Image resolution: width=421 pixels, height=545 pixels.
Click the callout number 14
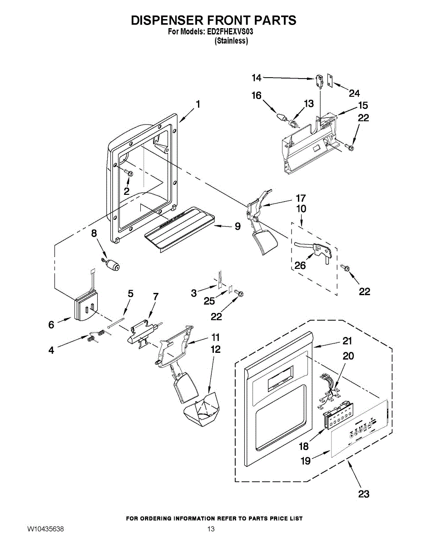[257, 78]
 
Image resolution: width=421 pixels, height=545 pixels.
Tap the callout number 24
[354, 94]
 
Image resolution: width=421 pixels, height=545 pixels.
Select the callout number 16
[257, 95]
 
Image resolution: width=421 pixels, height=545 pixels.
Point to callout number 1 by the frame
[198, 104]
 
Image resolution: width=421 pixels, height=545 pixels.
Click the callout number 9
[238, 226]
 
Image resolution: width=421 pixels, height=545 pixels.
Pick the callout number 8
[94, 233]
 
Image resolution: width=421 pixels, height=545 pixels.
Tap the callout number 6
[51, 324]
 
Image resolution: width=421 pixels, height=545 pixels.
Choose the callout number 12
[215, 349]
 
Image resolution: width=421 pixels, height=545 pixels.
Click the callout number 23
[364, 494]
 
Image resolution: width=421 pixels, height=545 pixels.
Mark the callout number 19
[306, 461]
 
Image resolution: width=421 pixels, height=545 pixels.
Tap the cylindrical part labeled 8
[111, 265]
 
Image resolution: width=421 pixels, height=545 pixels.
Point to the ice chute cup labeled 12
[201, 411]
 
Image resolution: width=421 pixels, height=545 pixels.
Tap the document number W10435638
[45, 529]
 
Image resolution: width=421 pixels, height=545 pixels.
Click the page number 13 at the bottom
[211, 529]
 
